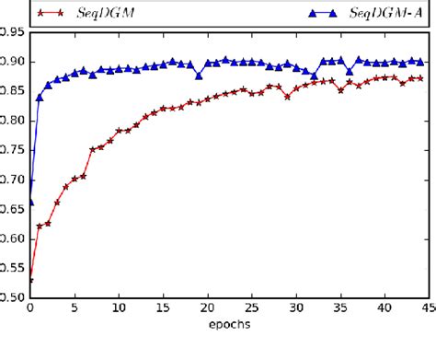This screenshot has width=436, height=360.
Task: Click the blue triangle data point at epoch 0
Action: tap(30, 202)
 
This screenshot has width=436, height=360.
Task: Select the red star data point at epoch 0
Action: tap(30, 280)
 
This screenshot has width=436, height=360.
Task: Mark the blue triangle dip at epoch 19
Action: tap(198, 76)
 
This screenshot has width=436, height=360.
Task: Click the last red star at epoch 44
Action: tap(419, 78)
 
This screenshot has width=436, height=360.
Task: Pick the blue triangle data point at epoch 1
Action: tap(39, 97)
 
